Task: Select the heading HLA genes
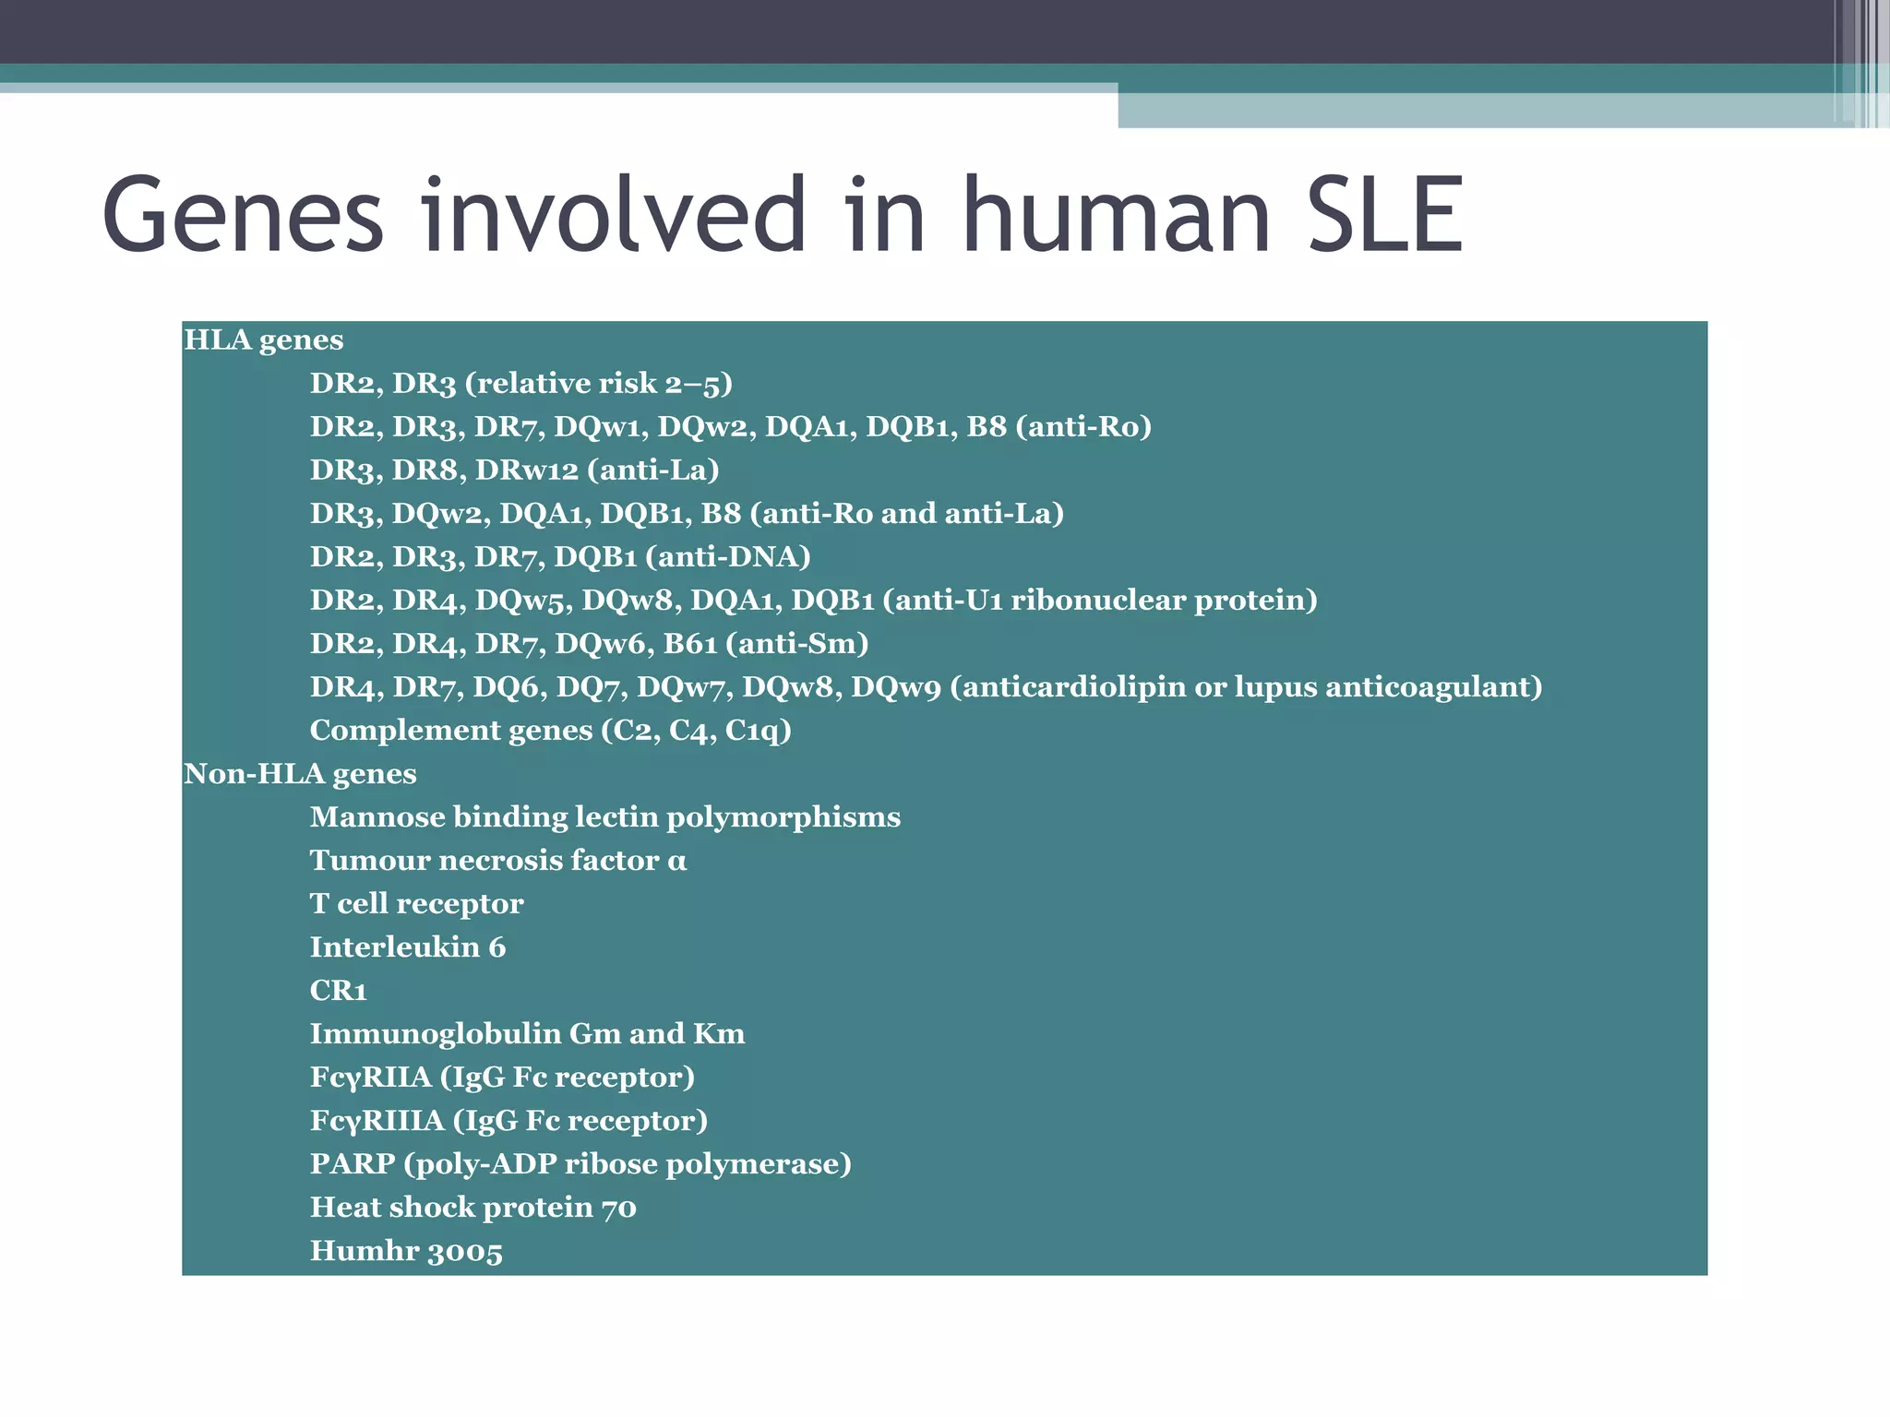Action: click(x=264, y=340)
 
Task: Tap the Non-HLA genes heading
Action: click(x=300, y=774)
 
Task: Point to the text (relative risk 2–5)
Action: click(x=598, y=384)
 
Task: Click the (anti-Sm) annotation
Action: click(x=797, y=644)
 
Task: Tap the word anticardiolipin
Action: click(x=1075, y=687)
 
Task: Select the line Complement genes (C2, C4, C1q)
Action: click(x=551, y=731)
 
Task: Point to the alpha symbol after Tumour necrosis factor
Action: click(x=677, y=862)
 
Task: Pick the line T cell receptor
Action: click(x=416, y=904)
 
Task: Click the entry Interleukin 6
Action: click(x=408, y=947)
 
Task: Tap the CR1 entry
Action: click(x=339, y=991)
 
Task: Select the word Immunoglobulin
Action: click(x=435, y=1034)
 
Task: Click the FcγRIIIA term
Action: click(x=377, y=1121)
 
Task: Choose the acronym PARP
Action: click(x=353, y=1164)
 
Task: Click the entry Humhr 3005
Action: click(x=406, y=1252)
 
